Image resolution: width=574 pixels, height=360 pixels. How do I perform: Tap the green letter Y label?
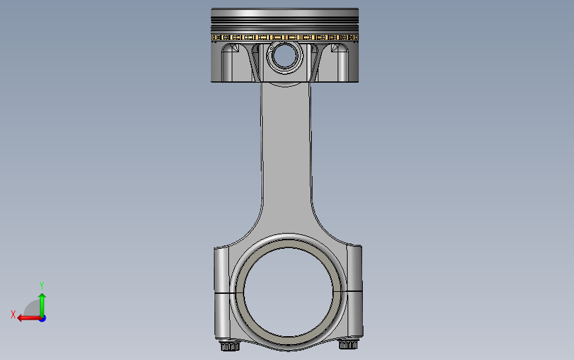[x=41, y=285]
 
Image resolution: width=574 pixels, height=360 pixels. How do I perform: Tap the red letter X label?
[x=13, y=314]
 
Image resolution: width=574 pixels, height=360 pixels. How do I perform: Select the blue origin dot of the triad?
[x=42, y=319]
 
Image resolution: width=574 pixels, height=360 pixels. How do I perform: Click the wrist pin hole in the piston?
[x=285, y=57]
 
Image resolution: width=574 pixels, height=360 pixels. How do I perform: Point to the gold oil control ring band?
[x=285, y=37]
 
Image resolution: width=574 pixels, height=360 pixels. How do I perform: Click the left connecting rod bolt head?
[x=230, y=345]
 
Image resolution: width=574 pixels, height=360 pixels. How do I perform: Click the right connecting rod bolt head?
[x=348, y=344]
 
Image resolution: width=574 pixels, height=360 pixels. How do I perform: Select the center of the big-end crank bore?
[x=288, y=292]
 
